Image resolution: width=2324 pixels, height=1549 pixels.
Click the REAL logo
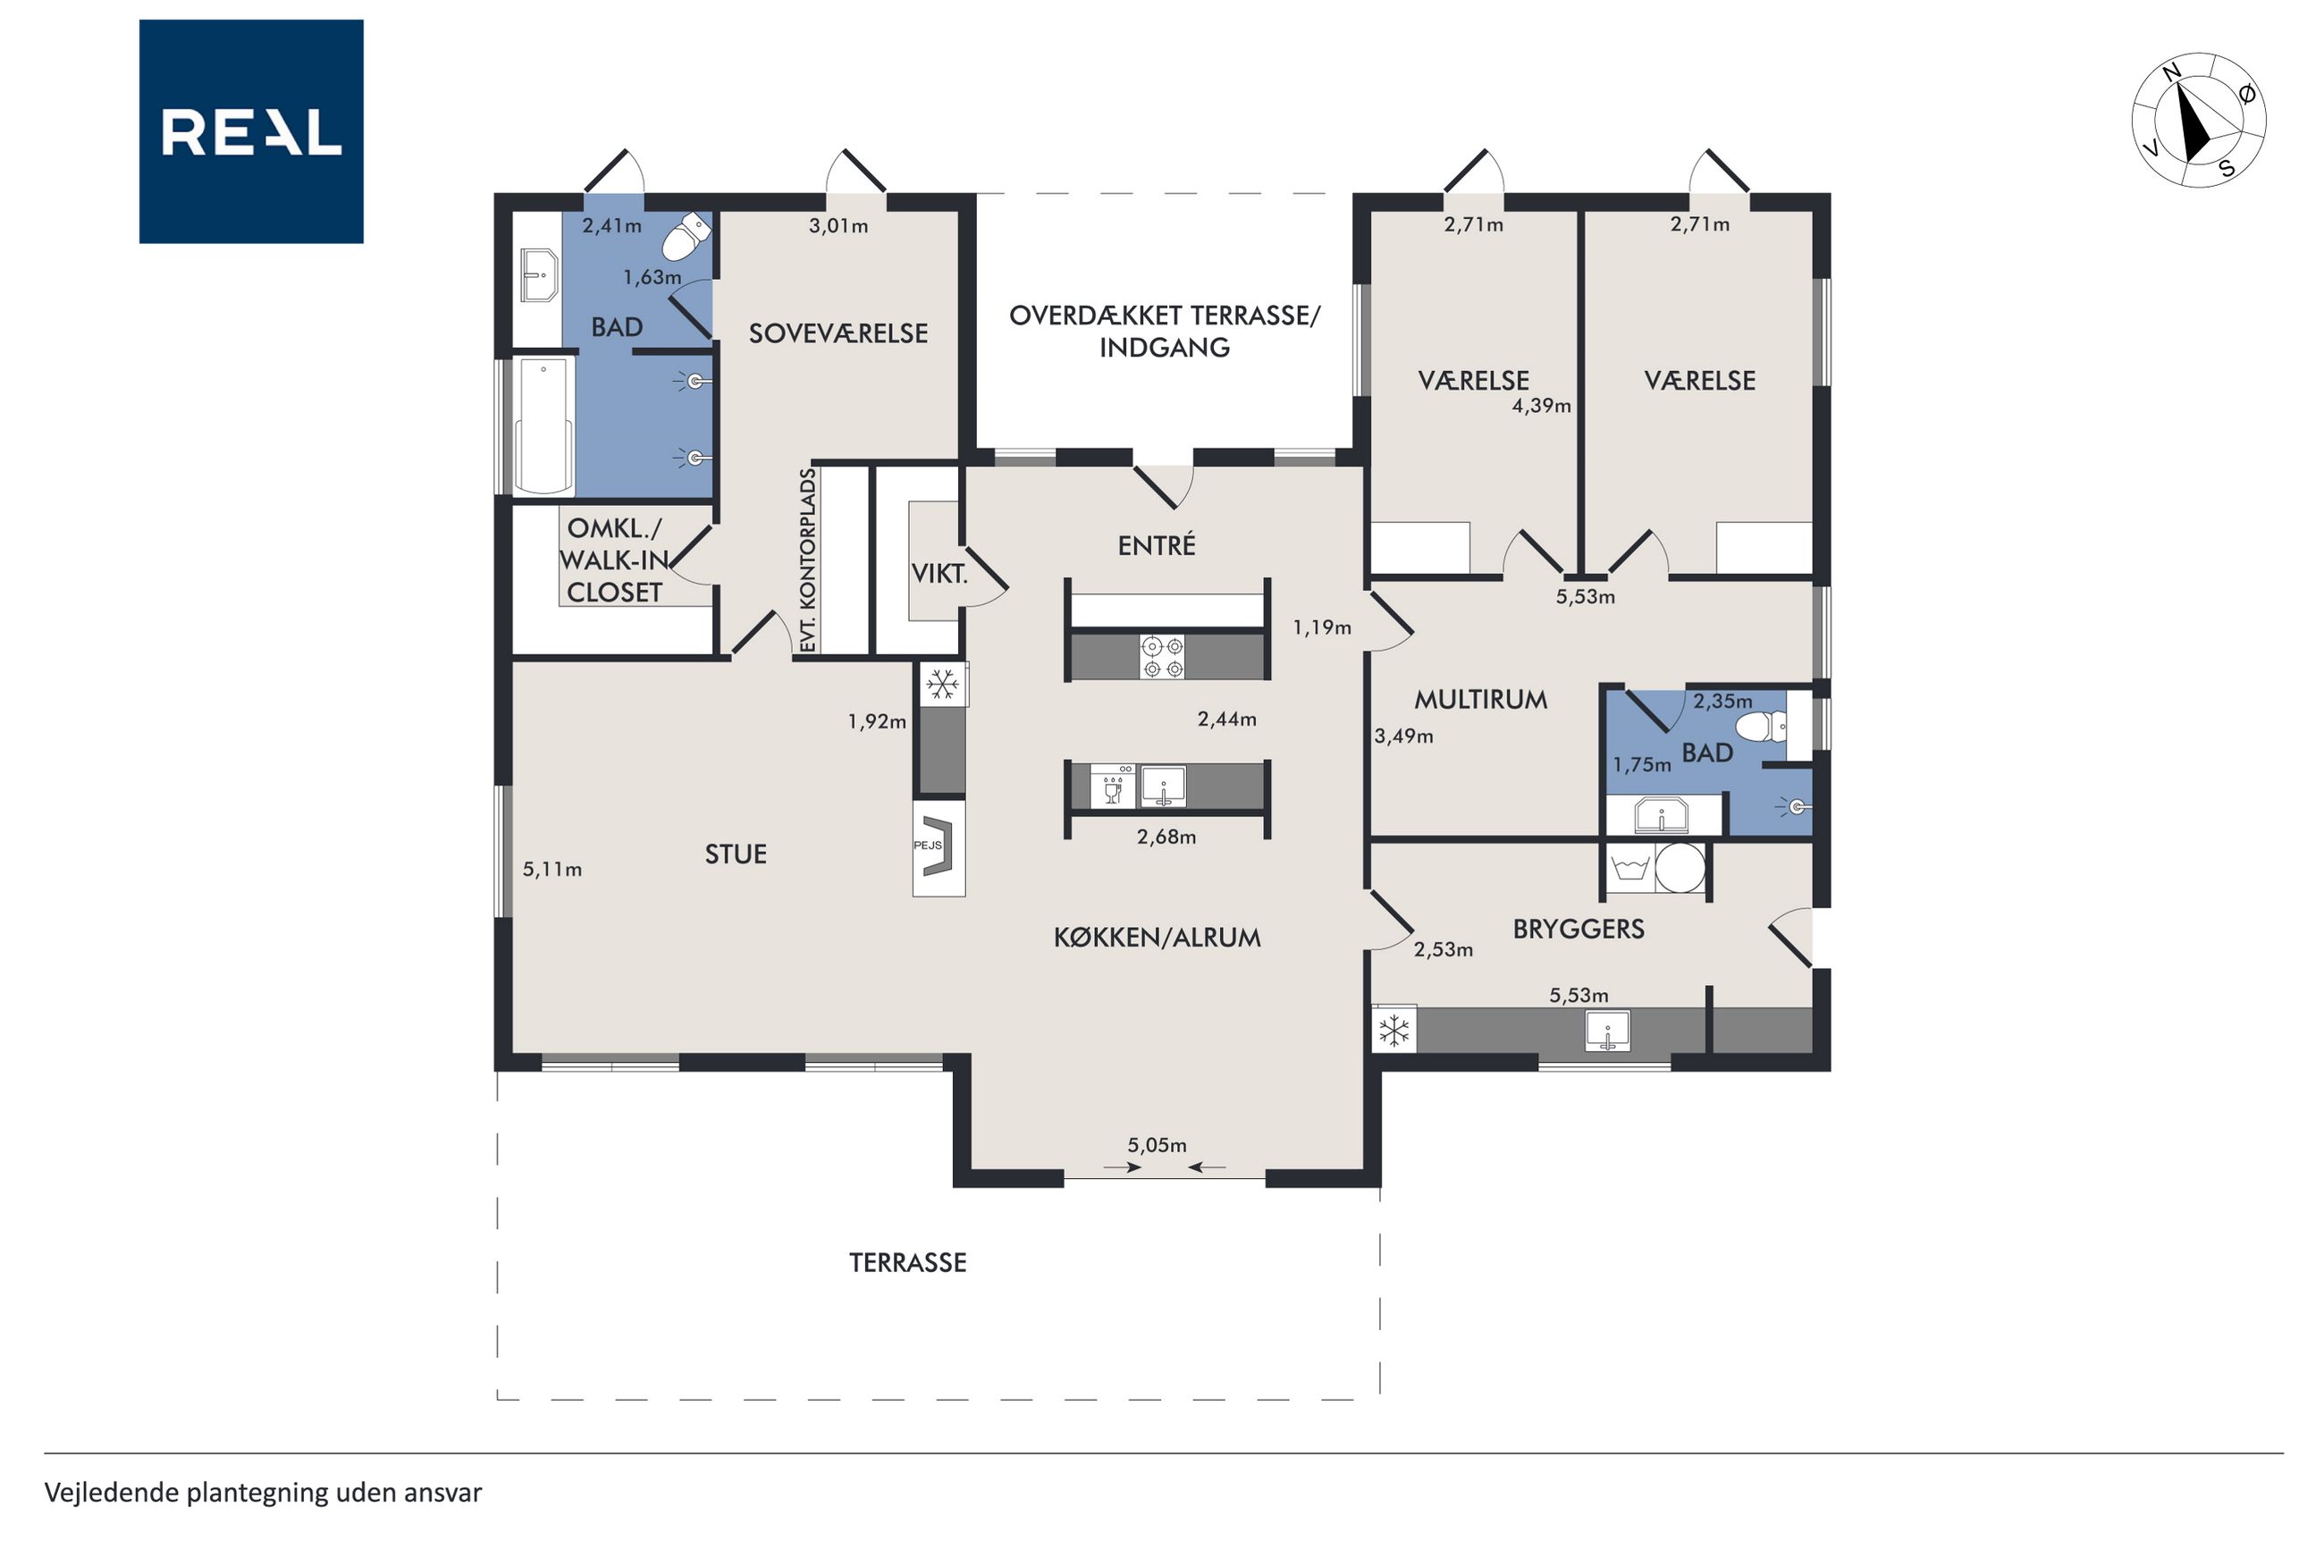[251, 131]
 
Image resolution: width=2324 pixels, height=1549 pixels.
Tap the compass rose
[2198, 120]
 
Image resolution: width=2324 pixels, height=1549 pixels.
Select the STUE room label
[735, 854]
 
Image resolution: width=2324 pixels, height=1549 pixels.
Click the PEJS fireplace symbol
[939, 846]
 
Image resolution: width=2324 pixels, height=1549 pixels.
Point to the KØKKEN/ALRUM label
[1157, 937]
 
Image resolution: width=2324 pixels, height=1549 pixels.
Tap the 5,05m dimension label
[1157, 1145]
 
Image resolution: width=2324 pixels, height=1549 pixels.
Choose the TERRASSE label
[907, 1261]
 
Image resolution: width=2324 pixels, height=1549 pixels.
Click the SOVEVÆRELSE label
[838, 333]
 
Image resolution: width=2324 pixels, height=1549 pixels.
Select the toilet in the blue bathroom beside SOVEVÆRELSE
[686, 236]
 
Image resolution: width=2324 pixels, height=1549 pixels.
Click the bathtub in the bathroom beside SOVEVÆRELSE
[543, 425]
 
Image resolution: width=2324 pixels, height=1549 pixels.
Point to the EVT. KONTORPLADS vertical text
[807, 560]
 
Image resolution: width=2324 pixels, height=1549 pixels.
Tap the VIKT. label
[939, 573]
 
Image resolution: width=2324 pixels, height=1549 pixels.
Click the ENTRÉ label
[1157, 544]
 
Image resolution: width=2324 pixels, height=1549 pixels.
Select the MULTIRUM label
[1480, 700]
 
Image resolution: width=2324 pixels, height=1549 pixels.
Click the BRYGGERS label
[1579, 929]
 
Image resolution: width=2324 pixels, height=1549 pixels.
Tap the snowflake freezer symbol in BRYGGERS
[1394, 1031]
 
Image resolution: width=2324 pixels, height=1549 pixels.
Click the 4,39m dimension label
[1541, 405]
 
